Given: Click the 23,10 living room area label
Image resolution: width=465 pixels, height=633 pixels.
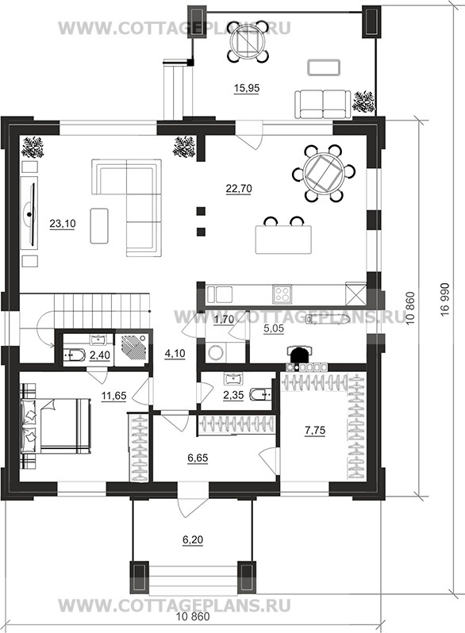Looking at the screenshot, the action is (63, 223).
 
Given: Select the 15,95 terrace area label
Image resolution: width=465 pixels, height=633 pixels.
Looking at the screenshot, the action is (247, 87).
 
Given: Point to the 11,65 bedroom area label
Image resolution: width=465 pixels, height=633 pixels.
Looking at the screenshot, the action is (114, 396).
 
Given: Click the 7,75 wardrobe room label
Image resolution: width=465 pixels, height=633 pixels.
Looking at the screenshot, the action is (315, 431).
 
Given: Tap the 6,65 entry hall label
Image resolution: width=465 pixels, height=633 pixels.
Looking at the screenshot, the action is (198, 458).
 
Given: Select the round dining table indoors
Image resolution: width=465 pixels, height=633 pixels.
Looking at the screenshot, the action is (324, 173).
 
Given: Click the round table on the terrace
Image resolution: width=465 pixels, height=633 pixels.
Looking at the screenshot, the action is (247, 41).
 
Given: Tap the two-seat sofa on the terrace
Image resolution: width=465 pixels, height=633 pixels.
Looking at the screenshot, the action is (322, 104).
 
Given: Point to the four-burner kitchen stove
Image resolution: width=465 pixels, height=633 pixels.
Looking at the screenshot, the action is (282, 293).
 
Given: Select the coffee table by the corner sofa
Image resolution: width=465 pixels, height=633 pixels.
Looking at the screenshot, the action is (99, 225).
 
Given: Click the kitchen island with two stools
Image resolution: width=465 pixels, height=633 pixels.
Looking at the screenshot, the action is (283, 239).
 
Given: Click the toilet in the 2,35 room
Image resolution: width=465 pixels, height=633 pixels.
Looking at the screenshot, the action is (260, 394).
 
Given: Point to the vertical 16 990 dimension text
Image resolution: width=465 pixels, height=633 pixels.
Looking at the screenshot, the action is (446, 300).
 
